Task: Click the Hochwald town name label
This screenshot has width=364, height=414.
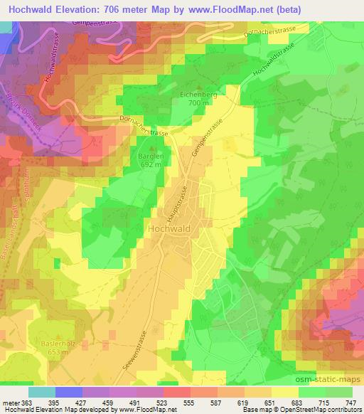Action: [x=173, y=229]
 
